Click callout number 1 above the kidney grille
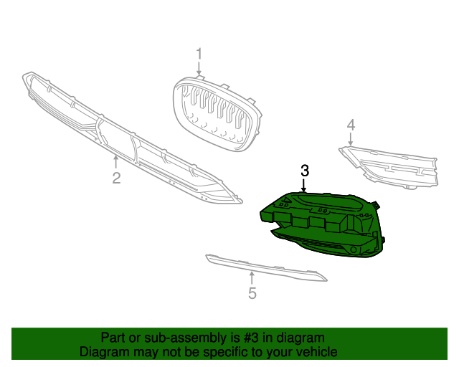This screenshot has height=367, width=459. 199,54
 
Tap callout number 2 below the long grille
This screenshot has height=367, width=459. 116,176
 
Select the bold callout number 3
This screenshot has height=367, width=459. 305,171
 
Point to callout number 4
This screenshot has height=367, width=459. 351,125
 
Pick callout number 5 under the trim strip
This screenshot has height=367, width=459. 252,292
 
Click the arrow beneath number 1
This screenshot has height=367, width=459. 199,70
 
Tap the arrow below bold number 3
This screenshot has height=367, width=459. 305,186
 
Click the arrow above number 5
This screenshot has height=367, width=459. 252,277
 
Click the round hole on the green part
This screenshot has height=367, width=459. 354,249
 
